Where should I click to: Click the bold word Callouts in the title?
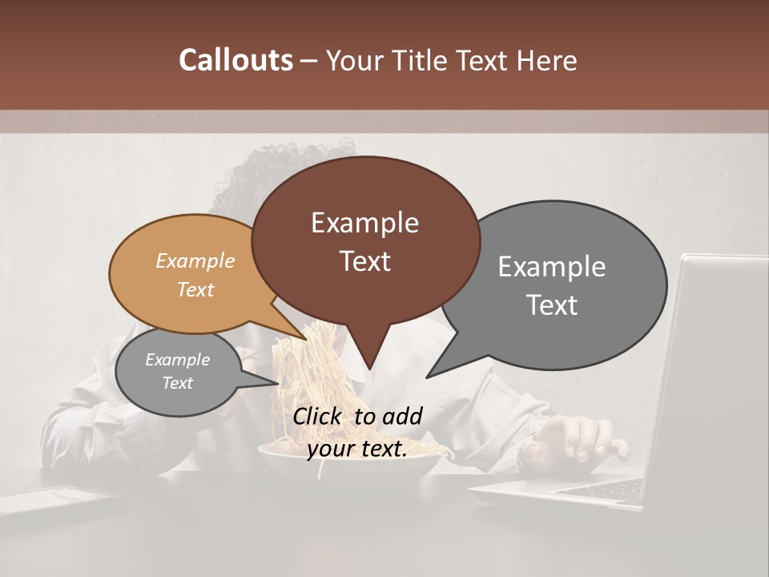tap(236, 60)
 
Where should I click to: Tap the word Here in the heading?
tap(545, 60)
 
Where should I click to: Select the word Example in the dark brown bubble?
tap(364, 223)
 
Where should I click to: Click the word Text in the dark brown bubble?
tap(364, 261)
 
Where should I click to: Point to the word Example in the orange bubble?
tap(195, 260)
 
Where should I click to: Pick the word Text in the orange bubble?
tap(195, 289)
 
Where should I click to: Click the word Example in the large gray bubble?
tap(552, 267)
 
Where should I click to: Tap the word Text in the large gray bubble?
tap(552, 305)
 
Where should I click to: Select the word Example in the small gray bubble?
tap(177, 360)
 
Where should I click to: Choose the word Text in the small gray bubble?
tap(177, 383)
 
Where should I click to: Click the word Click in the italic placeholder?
tap(320, 416)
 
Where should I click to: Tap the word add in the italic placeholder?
tap(402, 416)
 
